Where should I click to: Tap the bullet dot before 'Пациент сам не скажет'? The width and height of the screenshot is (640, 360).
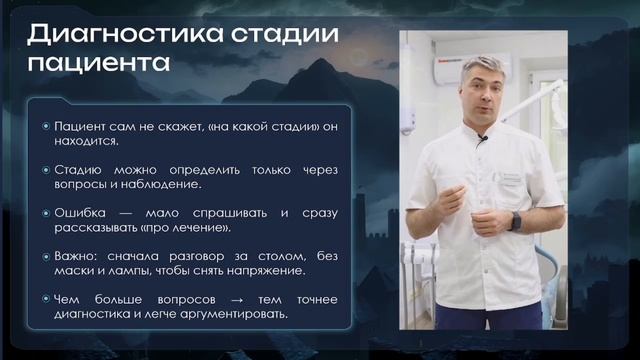click(x=46, y=127)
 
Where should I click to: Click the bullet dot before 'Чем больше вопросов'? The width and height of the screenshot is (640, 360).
click(x=46, y=299)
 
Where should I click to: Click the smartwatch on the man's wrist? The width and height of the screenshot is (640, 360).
click(x=515, y=221)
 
